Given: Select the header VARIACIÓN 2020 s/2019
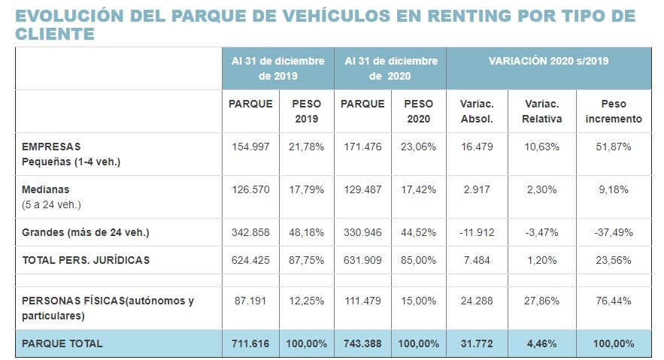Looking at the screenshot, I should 548,61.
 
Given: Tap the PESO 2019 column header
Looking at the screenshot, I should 306,111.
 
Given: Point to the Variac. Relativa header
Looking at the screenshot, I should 542,111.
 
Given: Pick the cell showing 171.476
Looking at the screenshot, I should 362,147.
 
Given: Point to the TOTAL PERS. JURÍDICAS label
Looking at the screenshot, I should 86,260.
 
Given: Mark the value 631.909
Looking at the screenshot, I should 362,260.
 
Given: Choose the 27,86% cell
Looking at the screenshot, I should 542,301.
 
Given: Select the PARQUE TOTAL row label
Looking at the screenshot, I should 62,343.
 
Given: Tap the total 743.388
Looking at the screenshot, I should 362,343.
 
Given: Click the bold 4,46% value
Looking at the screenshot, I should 542,343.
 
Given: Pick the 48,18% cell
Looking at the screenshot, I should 306,232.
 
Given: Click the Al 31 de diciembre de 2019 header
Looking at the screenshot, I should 277,68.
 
